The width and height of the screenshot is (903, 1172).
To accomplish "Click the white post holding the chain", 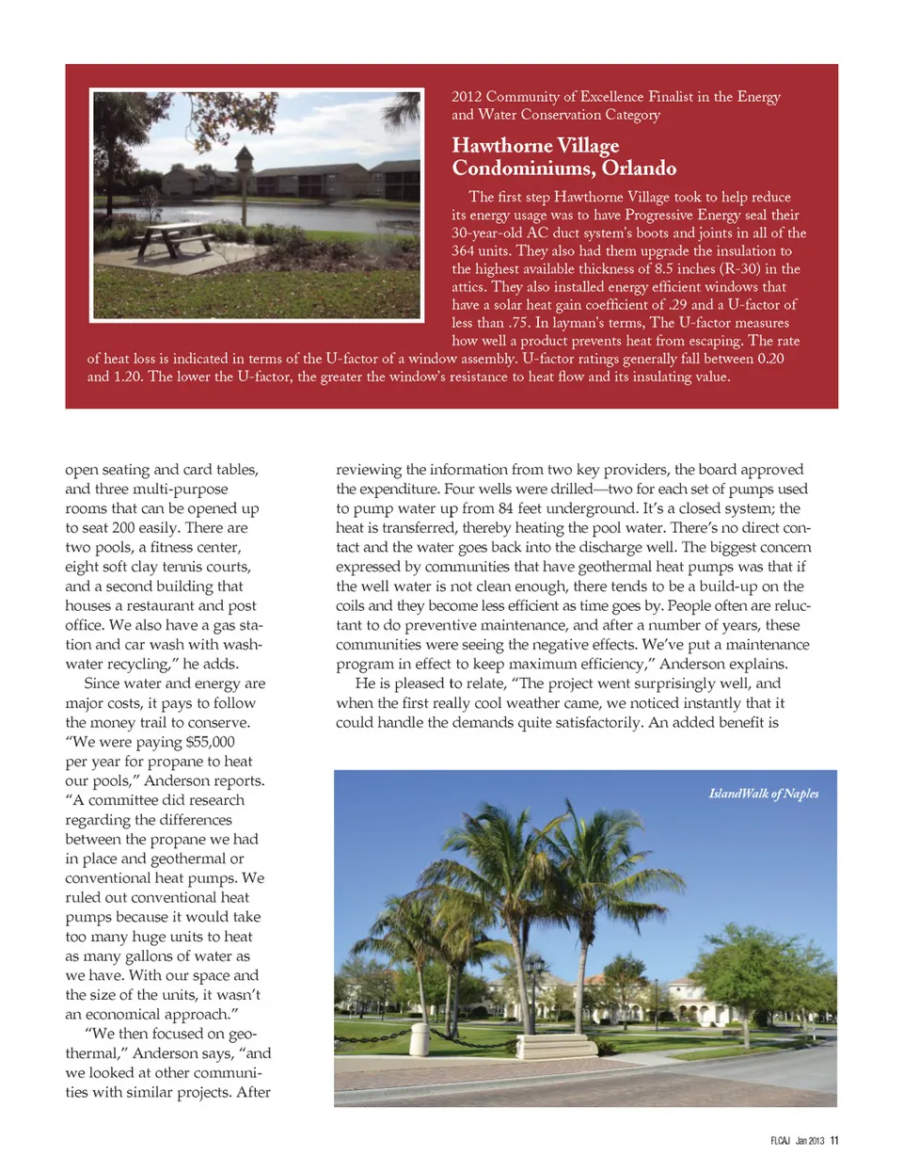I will (x=420, y=1039).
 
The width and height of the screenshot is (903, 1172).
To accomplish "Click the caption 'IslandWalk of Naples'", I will (x=763, y=794).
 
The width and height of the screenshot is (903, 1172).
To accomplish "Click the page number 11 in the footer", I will (x=834, y=1141).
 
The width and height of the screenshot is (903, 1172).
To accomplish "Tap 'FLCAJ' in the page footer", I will (x=780, y=1141).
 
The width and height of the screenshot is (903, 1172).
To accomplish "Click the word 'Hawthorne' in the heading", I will (x=501, y=146).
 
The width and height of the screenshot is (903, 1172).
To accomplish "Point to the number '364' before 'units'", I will (x=463, y=251).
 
